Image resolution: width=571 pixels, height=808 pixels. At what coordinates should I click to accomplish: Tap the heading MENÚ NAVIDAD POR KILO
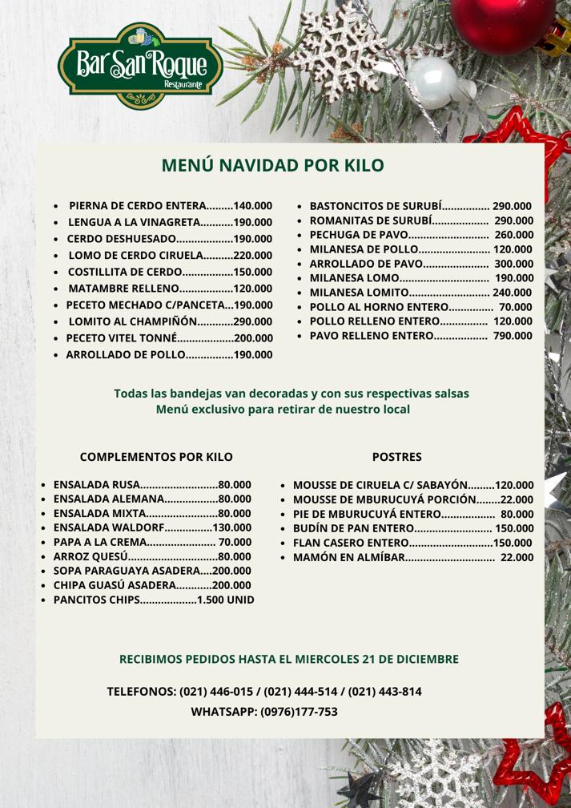(x=272, y=166)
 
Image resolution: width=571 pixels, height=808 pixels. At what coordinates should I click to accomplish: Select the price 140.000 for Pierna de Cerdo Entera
(x=253, y=205)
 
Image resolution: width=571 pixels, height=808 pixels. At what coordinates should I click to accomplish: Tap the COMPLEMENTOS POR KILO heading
(x=156, y=457)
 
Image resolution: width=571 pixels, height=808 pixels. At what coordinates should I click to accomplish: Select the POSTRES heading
(x=397, y=457)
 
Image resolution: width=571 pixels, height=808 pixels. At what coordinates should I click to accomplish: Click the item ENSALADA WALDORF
(x=108, y=527)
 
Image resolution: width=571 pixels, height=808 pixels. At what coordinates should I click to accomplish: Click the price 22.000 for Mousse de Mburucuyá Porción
(x=517, y=499)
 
